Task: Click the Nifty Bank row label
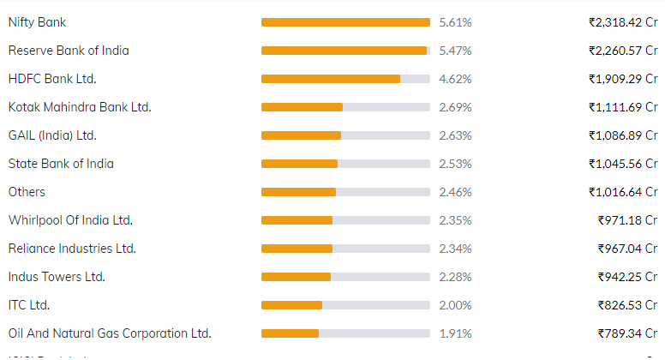pos(37,22)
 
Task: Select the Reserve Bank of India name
pos(69,51)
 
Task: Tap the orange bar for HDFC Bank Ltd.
pos(331,79)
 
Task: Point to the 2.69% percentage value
pos(455,107)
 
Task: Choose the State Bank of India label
pos(61,164)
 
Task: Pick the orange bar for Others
pos(298,192)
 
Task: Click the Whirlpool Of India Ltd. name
pos(70,220)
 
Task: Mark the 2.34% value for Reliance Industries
pos(455,249)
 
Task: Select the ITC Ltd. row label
pos(29,305)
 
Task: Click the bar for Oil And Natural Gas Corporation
pos(290,333)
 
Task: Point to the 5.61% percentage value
pos(455,22)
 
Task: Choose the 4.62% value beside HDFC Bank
pos(455,79)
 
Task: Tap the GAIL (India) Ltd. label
pos(52,135)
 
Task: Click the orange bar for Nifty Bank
pos(345,22)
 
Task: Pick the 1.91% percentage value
pos(455,333)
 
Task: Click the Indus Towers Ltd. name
pos(57,277)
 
